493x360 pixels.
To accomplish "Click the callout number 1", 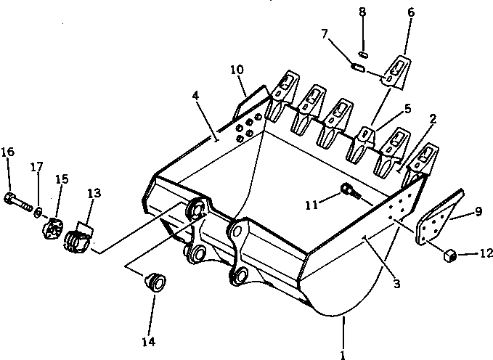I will click(342, 355).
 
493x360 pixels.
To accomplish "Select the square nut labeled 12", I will click(449, 254).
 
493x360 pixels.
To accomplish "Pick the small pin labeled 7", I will click(358, 66).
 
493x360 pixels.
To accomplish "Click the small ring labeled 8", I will click(364, 52).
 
